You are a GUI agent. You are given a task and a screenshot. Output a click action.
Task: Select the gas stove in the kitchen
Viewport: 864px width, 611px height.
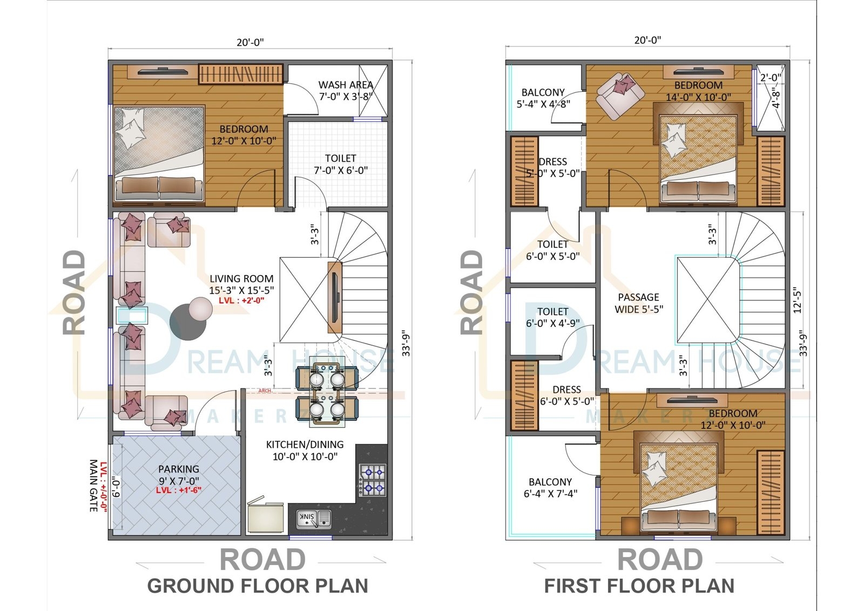pyautogui.click(x=373, y=480)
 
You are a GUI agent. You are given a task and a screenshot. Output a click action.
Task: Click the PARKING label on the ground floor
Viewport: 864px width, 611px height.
pyautogui.click(x=179, y=469)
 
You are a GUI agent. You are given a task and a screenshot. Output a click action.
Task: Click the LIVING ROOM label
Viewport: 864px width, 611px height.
pyautogui.click(x=241, y=279)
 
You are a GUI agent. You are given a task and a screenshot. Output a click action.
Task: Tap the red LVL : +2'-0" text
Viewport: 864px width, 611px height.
pyautogui.click(x=241, y=300)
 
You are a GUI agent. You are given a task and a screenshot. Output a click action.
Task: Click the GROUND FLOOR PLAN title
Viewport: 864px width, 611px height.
pyautogui.click(x=258, y=586)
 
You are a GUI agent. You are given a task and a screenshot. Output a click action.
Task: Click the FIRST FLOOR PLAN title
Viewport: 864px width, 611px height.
pyautogui.click(x=639, y=586)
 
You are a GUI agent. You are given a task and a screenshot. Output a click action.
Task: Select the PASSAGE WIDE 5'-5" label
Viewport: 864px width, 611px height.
pyautogui.click(x=638, y=303)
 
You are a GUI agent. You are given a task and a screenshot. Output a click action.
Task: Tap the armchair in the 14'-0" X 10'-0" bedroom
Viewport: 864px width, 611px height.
pyautogui.click(x=620, y=95)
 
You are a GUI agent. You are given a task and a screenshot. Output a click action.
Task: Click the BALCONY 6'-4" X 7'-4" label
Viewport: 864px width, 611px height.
pyautogui.click(x=550, y=487)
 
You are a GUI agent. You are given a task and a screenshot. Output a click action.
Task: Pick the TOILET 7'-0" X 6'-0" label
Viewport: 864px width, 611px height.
pyautogui.click(x=341, y=164)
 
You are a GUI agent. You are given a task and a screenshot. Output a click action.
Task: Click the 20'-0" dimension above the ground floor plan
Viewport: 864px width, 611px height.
pyautogui.click(x=250, y=42)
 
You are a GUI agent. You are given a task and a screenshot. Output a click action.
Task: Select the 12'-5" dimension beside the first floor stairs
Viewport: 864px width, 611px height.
pyautogui.click(x=798, y=300)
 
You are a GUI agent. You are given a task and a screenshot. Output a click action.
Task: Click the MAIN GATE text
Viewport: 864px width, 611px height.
pyautogui.click(x=93, y=486)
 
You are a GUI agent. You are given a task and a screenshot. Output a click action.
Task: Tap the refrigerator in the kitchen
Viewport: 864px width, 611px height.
pyautogui.click(x=265, y=517)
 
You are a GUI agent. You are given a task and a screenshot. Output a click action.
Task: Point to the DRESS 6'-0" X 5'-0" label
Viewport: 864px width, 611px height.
pyautogui.click(x=566, y=395)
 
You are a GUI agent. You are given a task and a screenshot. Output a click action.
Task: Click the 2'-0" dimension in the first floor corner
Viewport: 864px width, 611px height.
pyautogui.click(x=771, y=78)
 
